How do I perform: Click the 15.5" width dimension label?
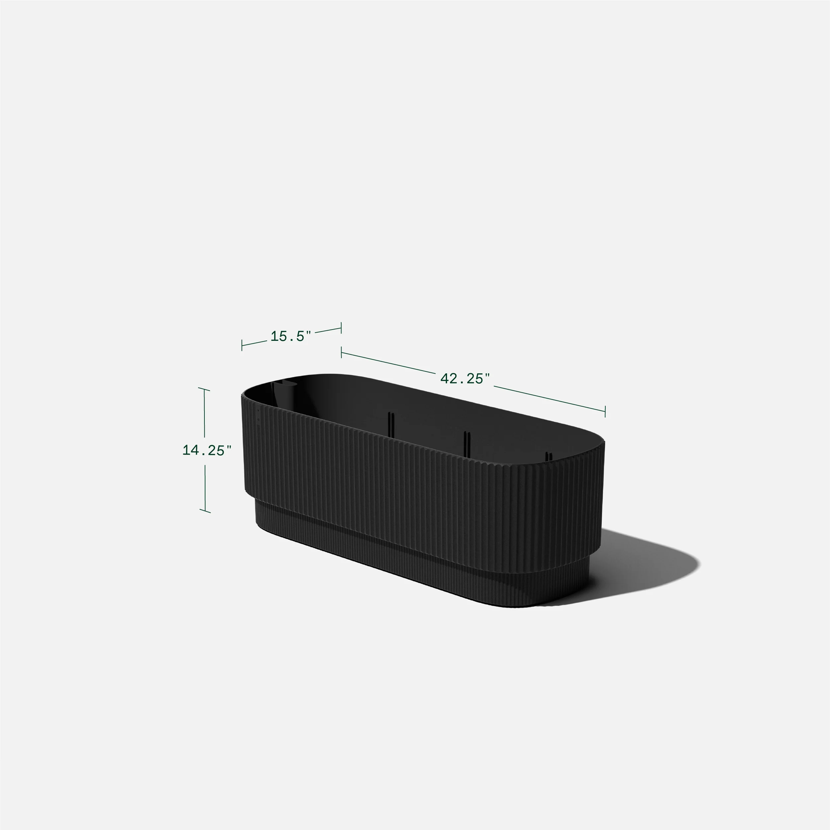tap(290, 337)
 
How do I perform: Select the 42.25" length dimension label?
tap(465, 378)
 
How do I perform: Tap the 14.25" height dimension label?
tap(207, 450)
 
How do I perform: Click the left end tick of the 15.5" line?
tap(242, 345)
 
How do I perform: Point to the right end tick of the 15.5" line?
tap(341, 328)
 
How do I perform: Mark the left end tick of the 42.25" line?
tap(341, 353)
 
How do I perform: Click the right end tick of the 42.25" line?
tap(605, 411)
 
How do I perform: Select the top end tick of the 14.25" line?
tap(204, 389)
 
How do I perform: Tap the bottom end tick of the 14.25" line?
tap(205, 511)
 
